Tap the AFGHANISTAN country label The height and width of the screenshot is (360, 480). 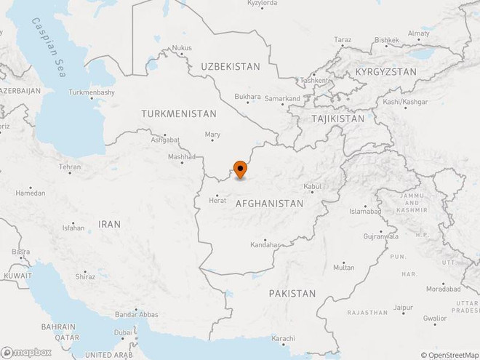point(269,204)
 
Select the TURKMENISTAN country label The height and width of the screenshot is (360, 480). point(179,114)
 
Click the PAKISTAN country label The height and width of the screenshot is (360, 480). point(292,293)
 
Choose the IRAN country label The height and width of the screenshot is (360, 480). point(110,224)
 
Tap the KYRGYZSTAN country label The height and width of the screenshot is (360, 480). point(385,72)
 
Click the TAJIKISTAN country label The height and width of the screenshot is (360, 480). point(337,118)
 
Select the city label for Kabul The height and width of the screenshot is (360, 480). point(312,187)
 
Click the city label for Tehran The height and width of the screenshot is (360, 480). point(70,167)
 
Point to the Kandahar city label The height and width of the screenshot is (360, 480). point(265,244)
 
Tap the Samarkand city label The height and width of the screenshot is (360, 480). point(282,98)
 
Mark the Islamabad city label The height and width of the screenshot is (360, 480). point(364,211)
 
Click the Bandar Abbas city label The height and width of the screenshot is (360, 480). point(137,315)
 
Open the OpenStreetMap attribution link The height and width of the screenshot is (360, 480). point(452,355)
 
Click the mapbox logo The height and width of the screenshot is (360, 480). point(26,352)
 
